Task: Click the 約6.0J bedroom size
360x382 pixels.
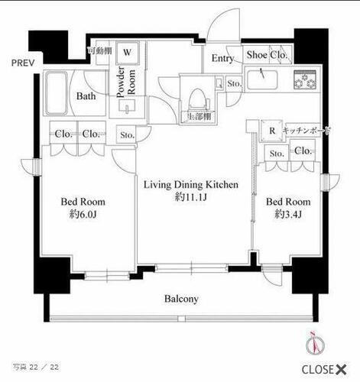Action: pos(83,215)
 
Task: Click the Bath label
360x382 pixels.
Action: pos(86,96)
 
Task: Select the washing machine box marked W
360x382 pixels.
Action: pos(128,53)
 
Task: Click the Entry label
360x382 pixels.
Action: pos(223,58)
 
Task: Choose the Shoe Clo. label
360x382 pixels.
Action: pos(267,55)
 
